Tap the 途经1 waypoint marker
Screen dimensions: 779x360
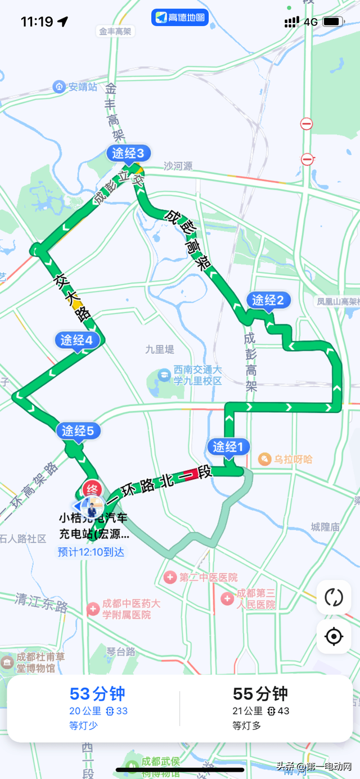point(228,447)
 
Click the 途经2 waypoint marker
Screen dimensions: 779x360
point(268,300)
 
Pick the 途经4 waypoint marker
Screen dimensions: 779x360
point(77,340)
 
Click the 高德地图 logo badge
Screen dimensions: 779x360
point(180,17)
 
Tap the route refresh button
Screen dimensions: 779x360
point(334,597)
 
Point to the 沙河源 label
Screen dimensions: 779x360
point(178,166)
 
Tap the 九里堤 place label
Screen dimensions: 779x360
point(160,349)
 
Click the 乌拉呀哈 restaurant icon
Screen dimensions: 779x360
point(264,460)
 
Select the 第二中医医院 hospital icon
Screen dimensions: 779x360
point(170,577)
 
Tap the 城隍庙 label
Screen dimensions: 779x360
point(325,527)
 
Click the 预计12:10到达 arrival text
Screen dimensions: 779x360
point(91,552)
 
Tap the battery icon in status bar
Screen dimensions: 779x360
point(333,22)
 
